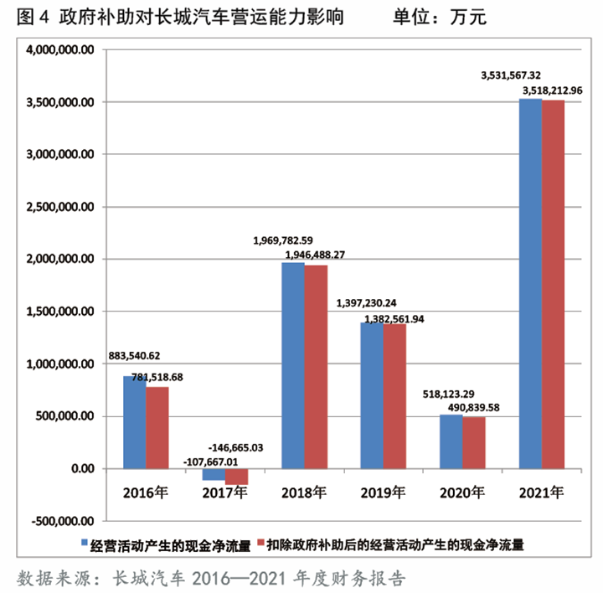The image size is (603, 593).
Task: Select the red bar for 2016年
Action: click(157, 427)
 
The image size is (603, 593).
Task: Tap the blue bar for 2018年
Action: click(293, 365)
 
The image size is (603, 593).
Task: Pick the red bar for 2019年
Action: click(394, 395)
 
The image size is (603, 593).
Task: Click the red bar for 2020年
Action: click(474, 442)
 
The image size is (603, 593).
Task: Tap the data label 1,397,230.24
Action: click(373, 303)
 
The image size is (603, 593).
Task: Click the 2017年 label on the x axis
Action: click(224, 492)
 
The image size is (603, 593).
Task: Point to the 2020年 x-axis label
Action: click(462, 492)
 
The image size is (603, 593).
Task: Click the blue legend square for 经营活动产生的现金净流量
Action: click(85, 545)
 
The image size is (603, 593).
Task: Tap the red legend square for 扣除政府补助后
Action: click(260, 545)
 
